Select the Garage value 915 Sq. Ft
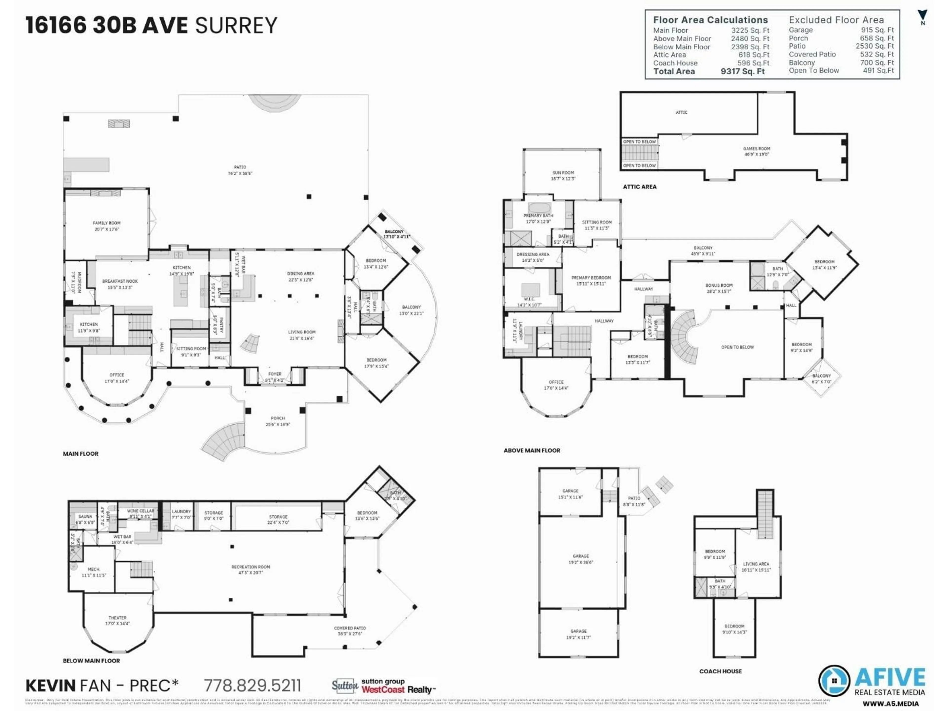[x=877, y=30]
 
